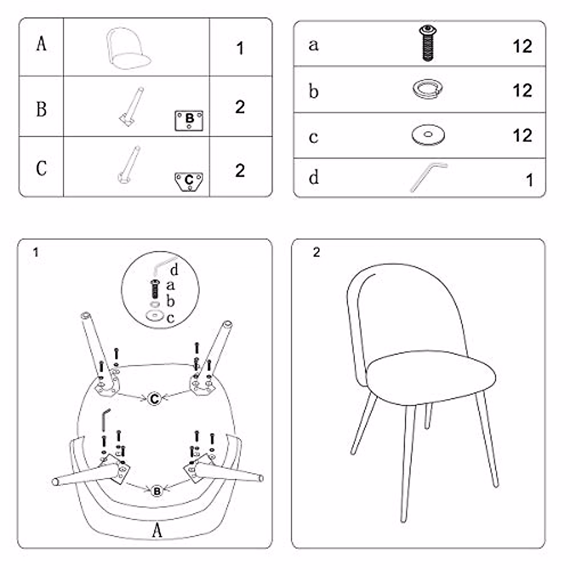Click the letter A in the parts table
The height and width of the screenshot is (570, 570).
pyautogui.click(x=41, y=44)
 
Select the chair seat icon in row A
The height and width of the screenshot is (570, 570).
pyautogui.click(x=128, y=48)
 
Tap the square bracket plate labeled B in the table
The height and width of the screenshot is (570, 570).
pyautogui.click(x=189, y=120)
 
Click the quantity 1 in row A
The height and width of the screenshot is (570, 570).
pyautogui.click(x=240, y=48)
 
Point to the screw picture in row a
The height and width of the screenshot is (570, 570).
pyautogui.click(x=427, y=43)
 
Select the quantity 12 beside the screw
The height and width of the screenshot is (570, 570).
pyautogui.click(x=522, y=46)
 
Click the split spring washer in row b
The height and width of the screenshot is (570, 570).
pyautogui.click(x=427, y=90)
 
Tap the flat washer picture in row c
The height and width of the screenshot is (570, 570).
pyautogui.click(x=428, y=135)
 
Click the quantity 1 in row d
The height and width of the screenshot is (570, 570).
pyautogui.click(x=530, y=180)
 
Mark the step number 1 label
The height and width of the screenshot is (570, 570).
pyautogui.click(x=36, y=252)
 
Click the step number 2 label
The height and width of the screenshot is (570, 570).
pyautogui.click(x=316, y=252)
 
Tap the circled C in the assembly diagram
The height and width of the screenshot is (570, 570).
pyautogui.click(x=154, y=399)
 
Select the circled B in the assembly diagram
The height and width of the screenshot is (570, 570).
pyautogui.click(x=157, y=491)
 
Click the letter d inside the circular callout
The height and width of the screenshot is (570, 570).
pyautogui.click(x=174, y=270)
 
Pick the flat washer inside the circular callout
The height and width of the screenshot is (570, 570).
pyautogui.click(x=155, y=315)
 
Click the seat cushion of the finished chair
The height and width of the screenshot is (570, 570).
pyautogui.click(x=431, y=378)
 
